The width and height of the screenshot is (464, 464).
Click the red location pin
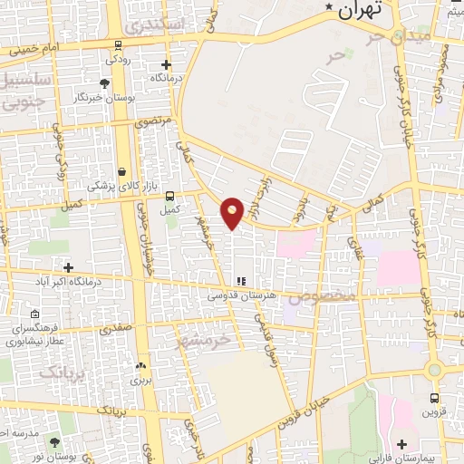[233, 212]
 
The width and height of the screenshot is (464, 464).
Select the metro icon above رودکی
[119, 44]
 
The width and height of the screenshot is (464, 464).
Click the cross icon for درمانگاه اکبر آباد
[68, 266]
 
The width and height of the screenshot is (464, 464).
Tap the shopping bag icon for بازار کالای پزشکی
[121, 171]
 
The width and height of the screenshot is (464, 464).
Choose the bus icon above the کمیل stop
[169, 196]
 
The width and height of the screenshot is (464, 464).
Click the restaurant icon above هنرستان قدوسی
[241, 282]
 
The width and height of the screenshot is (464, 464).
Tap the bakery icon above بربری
[140, 366]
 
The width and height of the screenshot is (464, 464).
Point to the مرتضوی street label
[152, 120]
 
